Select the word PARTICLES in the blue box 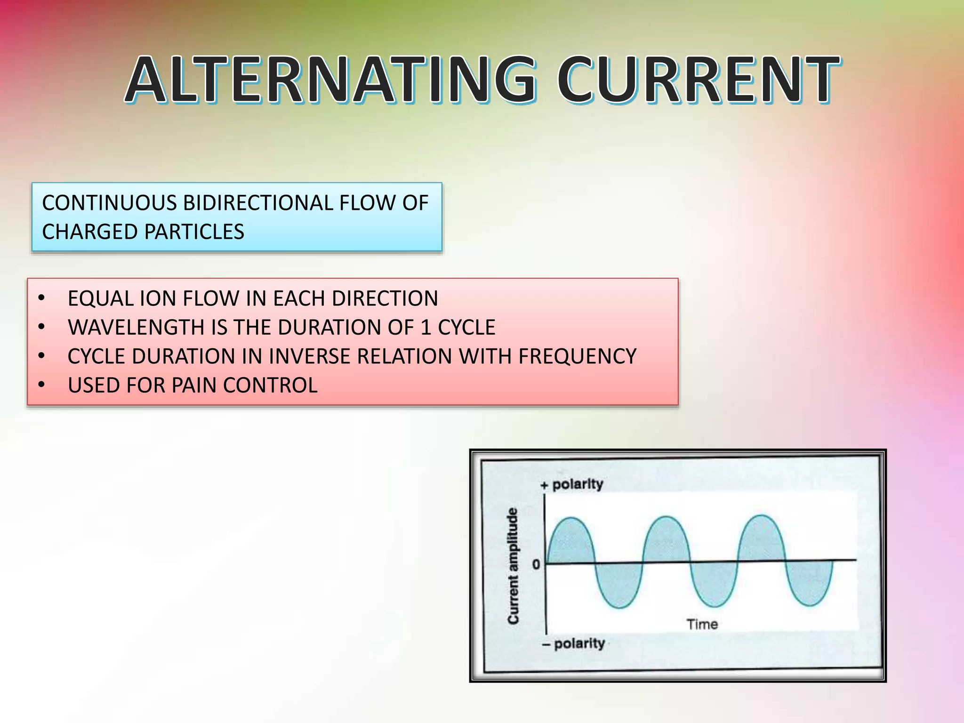(x=193, y=232)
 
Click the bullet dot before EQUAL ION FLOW (x=41, y=298)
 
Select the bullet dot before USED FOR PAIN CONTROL (x=41, y=385)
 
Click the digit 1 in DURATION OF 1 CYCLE (x=426, y=327)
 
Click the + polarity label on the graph (x=572, y=484)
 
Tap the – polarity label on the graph (x=573, y=643)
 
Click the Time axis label (x=702, y=624)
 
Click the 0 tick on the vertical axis (x=536, y=564)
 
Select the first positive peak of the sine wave (x=571, y=519)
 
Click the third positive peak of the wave (x=762, y=516)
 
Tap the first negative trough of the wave (x=619, y=607)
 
